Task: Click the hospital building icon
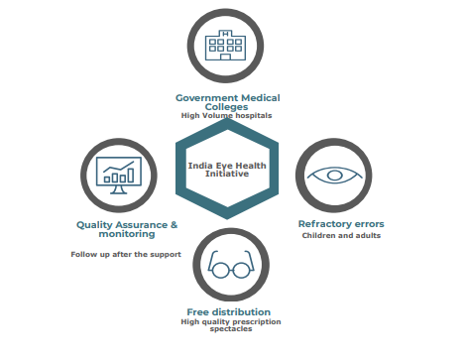[227, 47]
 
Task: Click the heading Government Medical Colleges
[227, 102]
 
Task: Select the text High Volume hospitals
[227, 116]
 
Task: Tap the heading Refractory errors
[340, 223]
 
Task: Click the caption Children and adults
[340, 236]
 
